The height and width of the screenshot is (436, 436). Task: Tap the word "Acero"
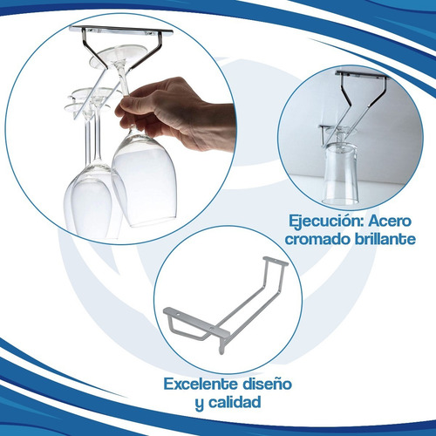[x=390, y=221]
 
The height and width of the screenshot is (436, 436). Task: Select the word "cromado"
[x=317, y=239]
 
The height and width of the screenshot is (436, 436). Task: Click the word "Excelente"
[x=201, y=385]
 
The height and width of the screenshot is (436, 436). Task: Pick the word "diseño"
[x=267, y=384]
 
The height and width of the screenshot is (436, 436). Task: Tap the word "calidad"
[x=235, y=403]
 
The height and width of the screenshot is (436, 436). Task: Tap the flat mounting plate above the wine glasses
[x=121, y=31]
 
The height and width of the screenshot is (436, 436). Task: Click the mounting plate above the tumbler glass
[x=362, y=75]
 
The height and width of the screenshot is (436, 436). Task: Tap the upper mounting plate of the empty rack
[x=276, y=261]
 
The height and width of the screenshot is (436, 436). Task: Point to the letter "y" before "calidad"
[x=199, y=405]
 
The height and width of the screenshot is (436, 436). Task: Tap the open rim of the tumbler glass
[x=339, y=201]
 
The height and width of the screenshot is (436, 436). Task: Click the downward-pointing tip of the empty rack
[x=221, y=353]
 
